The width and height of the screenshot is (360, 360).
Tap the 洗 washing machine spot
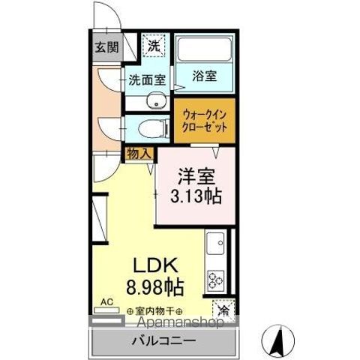click(153, 45)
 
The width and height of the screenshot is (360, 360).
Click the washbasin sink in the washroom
click(158, 101)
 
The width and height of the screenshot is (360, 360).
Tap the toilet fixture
click(154, 127)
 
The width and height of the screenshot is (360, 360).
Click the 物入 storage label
click(139, 153)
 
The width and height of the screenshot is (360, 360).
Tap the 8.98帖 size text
click(156, 286)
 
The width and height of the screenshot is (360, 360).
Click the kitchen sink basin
click(216, 244)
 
